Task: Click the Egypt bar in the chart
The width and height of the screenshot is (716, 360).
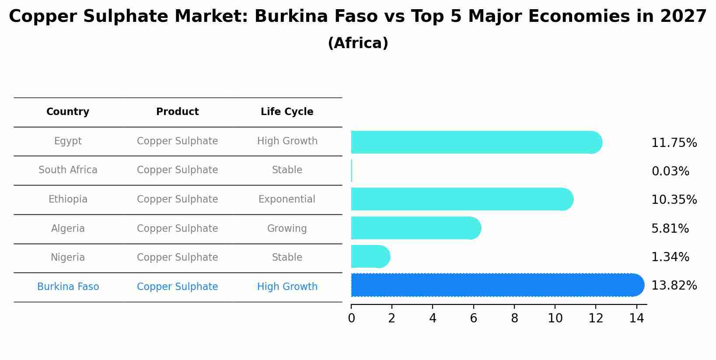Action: [476, 142]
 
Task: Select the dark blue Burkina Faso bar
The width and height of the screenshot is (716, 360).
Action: [497, 285]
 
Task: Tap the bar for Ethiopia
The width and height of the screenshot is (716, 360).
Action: [461, 199]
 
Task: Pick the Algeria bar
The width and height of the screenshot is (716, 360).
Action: [416, 228]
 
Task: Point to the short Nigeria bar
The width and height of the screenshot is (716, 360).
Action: [370, 256]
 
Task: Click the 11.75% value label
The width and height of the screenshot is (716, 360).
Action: [674, 143]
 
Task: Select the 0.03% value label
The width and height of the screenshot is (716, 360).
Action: [670, 171]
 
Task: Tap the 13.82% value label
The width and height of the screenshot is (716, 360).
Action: [674, 286]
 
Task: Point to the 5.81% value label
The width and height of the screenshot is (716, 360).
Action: [670, 229]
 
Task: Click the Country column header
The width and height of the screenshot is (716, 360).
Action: [68, 112]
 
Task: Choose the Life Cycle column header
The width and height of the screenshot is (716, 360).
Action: [287, 112]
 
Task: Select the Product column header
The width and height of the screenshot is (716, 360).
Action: [178, 112]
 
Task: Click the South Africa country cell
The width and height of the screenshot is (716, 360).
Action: [68, 170]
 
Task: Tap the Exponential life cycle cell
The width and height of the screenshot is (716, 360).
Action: [287, 199]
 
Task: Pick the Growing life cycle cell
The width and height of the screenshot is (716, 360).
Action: [287, 229]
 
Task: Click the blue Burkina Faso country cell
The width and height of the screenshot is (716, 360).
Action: [68, 287]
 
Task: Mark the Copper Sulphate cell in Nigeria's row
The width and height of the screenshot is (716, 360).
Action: [178, 258]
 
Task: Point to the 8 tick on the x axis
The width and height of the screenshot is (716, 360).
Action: [514, 318]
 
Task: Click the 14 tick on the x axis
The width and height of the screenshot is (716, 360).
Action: [637, 318]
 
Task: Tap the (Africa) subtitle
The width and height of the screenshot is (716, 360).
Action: [358, 43]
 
